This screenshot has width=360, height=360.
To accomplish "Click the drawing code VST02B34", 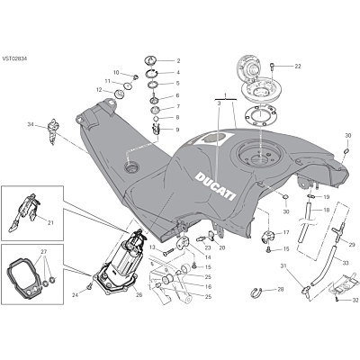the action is pyautogui.click(x=14, y=58).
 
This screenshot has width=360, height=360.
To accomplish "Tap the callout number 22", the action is pyautogui.click(x=297, y=67).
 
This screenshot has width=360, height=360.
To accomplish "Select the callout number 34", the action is pyautogui.click(x=31, y=124).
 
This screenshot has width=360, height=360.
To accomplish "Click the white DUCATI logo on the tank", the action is pyautogui.click(x=215, y=185).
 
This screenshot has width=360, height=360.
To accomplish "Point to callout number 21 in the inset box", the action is pyautogui.click(x=50, y=222).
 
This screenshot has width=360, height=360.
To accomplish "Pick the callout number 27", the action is pyautogui.click(x=44, y=251).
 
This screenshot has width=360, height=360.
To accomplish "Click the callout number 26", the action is pyautogui.click(x=139, y=295).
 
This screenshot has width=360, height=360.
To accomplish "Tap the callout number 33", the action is pyautogui.click(x=346, y=264).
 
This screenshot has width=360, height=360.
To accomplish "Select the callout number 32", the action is pyautogui.click(x=346, y=300).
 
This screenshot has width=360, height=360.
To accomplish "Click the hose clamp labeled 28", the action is pyautogui.click(x=256, y=292).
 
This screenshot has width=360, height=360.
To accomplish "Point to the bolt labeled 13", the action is pyautogui.click(x=169, y=253).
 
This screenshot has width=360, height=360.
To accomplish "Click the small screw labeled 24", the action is pyautogui.click(x=89, y=287).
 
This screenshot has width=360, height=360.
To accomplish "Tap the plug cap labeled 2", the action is pyautogui.click(x=150, y=59).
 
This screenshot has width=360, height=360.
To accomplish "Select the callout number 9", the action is pyautogui.click(x=177, y=130).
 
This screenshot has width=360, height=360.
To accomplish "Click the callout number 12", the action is pyautogui.click(x=99, y=89).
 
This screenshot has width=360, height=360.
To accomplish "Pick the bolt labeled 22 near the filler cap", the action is pyautogui.click(x=272, y=65).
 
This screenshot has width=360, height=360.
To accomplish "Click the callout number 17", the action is pyautogui.click(x=286, y=232).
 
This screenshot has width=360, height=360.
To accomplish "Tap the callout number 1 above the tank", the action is pyautogui.click(x=226, y=95).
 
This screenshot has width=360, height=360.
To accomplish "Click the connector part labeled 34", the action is pyautogui.click(x=52, y=131).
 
